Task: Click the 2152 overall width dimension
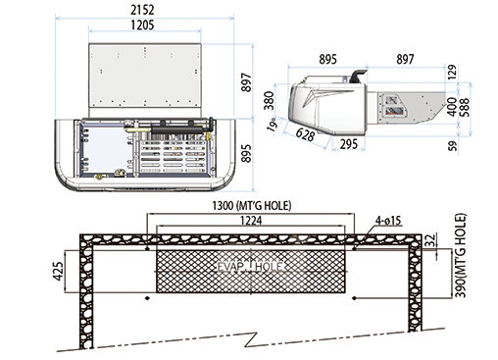pyautogui.click(x=142, y=10)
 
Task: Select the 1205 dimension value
pyautogui.click(x=142, y=25)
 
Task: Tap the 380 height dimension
pyautogui.click(x=269, y=100)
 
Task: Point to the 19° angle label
pyautogui.click(x=272, y=124)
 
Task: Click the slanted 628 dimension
pyautogui.click(x=305, y=134)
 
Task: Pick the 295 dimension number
pyautogui.click(x=349, y=144)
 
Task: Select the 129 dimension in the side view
pyautogui.click(x=452, y=73)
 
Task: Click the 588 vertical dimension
pyautogui.click(x=465, y=107)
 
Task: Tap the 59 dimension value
pyautogui.click(x=453, y=146)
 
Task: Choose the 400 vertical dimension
pyautogui.click(x=452, y=107)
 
